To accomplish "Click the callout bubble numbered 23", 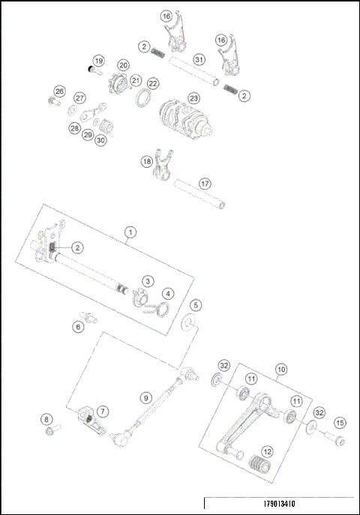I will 193,98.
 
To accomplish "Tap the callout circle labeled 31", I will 198,59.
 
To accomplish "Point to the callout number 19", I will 97,60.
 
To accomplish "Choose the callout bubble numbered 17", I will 205,183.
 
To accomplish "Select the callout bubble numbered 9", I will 145,398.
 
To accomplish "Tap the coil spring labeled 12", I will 262,463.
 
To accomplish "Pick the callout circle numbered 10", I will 281,370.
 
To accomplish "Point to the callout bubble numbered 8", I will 46,419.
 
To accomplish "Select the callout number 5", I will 195,305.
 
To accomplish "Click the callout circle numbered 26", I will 59,91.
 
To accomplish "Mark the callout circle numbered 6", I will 77,327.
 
